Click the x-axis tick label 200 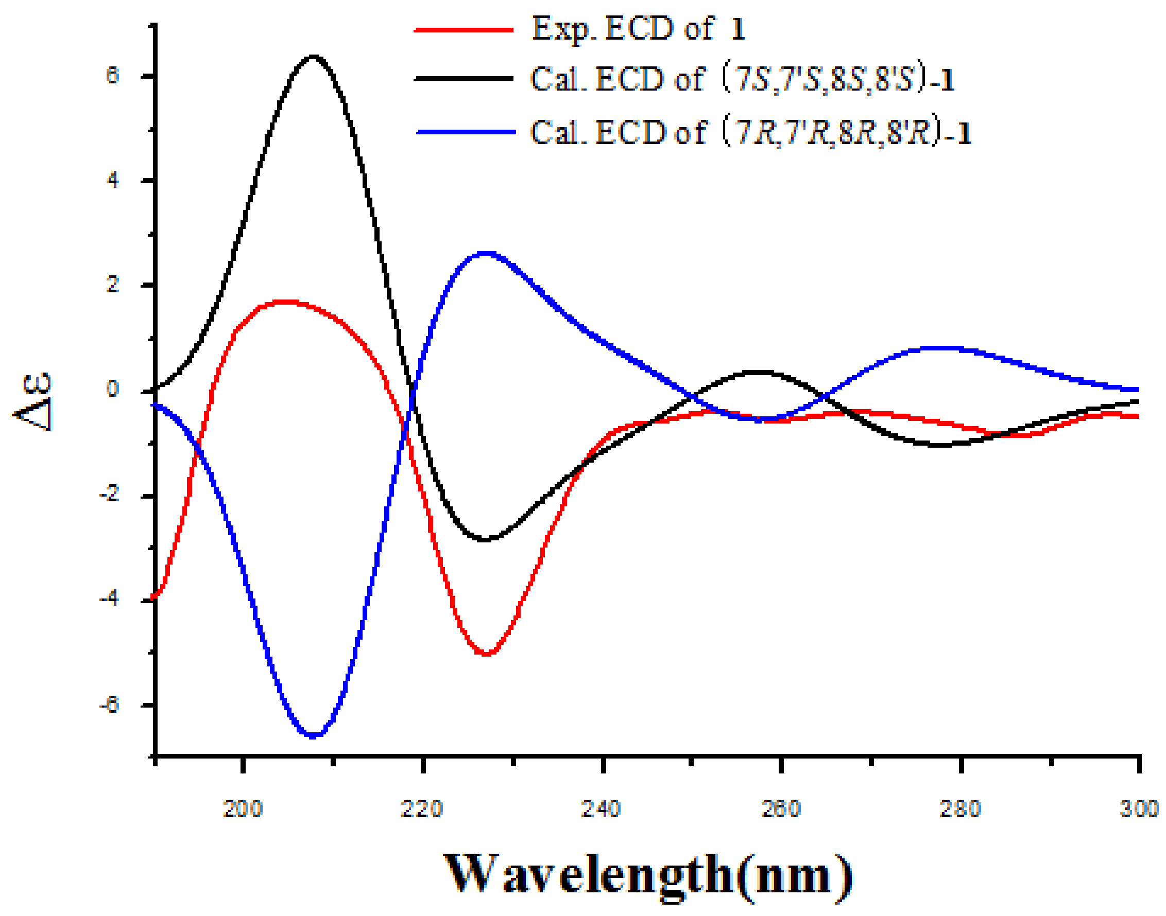(x=243, y=809)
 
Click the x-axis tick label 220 (x=422, y=809)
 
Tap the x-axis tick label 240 (x=602, y=809)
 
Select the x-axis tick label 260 (x=781, y=809)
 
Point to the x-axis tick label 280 (x=961, y=809)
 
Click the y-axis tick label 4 (x=113, y=180)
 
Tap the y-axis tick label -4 (x=109, y=598)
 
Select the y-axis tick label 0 (x=113, y=390)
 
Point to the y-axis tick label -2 (x=109, y=495)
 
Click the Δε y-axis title (x=33, y=401)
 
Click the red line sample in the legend (x=464, y=30)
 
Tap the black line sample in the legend (x=464, y=79)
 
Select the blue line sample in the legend (x=466, y=132)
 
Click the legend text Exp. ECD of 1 (x=639, y=29)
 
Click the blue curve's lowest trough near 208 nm (x=313, y=735)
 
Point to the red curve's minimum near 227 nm (x=487, y=654)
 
